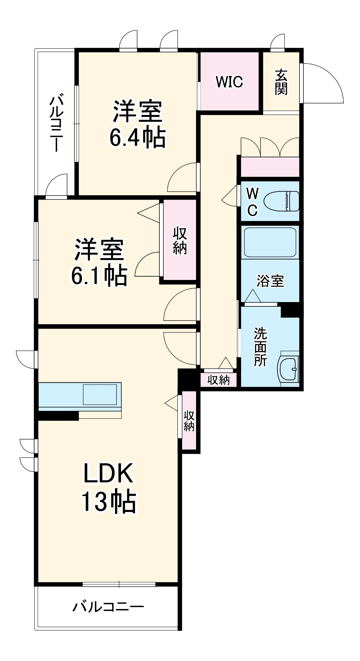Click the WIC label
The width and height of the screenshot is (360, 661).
point(229,82)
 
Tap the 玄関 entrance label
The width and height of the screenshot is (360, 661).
point(281,82)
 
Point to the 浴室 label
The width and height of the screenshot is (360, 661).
point(270,281)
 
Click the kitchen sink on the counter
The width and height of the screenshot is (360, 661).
point(100,394)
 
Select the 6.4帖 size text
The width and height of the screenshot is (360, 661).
point(138,137)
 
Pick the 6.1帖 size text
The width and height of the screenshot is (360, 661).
point(99,276)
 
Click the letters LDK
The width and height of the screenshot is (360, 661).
point(108,473)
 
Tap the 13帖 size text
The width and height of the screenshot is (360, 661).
point(109,502)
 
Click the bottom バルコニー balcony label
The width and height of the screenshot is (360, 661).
point(108,607)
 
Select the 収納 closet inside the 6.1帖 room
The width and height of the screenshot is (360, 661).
point(180,241)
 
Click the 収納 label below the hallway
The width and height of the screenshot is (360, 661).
point(219,380)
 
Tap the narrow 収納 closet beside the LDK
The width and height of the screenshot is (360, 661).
point(189,420)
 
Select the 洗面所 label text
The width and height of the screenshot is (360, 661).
point(260,347)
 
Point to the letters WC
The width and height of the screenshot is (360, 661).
point(253,202)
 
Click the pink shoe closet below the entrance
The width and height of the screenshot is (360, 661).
point(270,167)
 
